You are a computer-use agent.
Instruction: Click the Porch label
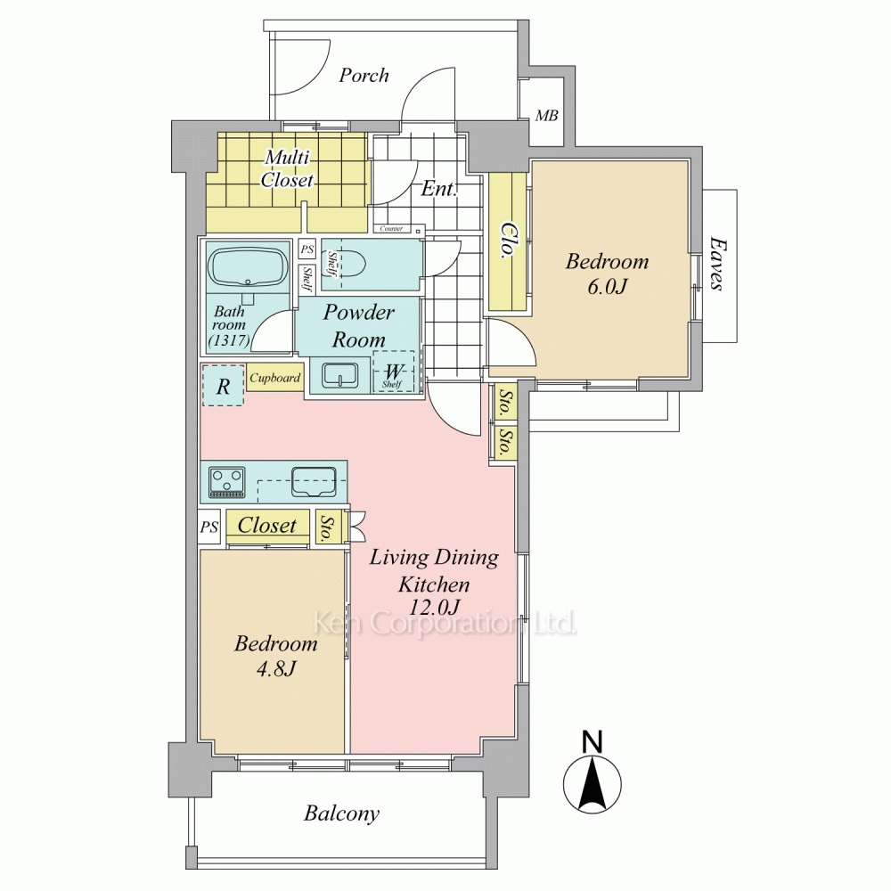(364, 75)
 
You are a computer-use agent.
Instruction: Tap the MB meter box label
(547, 115)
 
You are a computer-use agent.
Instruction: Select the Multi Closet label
(288, 168)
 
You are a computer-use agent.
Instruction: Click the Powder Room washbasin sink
(339, 375)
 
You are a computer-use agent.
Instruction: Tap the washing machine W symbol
(393, 372)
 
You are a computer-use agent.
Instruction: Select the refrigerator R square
(224, 386)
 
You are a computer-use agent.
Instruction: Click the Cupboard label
(275, 378)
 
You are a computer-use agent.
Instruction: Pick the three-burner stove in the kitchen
(227, 482)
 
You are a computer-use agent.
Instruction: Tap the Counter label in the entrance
(391, 228)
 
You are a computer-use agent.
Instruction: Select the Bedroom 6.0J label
(607, 274)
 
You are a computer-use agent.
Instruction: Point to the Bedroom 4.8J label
(275, 656)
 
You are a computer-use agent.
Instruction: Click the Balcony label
(341, 813)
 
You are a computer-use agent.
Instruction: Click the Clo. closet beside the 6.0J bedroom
(508, 241)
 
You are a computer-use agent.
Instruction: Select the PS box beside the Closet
(208, 527)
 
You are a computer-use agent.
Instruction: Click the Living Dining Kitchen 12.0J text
(434, 582)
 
